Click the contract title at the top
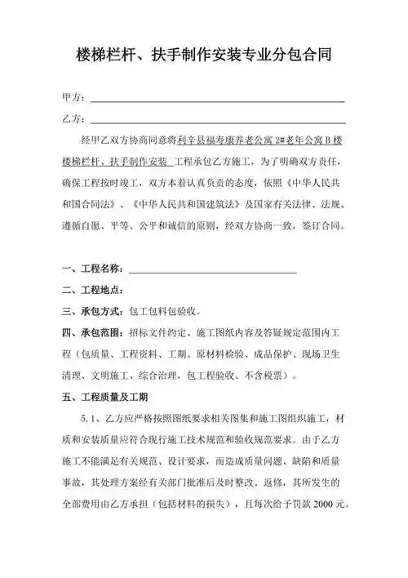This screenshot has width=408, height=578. pyautogui.click(x=203, y=56)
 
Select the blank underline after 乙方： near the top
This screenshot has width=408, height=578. pyautogui.click(x=217, y=121)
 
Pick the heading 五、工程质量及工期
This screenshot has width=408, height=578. pyautogui.click(x=104, y=398)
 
